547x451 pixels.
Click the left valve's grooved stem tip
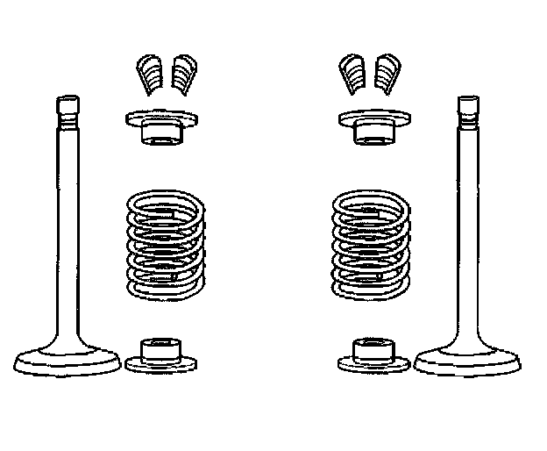coord(69,110)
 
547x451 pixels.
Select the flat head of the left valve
coord(67,360)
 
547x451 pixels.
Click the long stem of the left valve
coord(68,228)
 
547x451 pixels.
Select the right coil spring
coord(370,246)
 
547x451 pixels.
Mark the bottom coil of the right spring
coord(370,290)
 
